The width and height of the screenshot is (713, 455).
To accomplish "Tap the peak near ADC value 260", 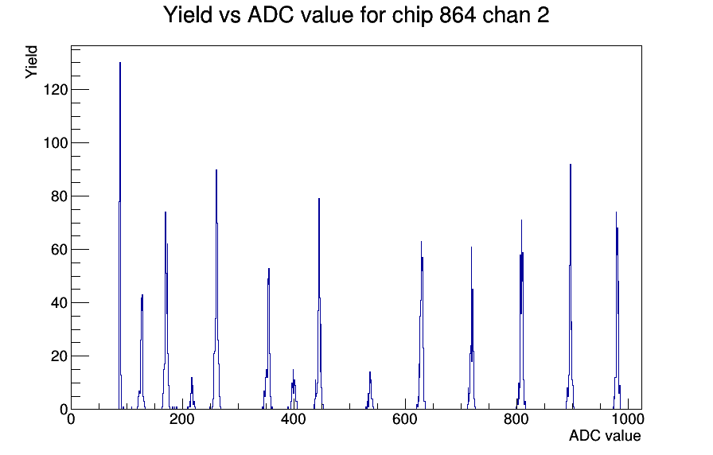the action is coord(216,291).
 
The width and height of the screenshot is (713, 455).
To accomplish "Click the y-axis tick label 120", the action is coord(56,90).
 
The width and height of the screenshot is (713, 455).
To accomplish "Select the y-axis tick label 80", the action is coord(59,196).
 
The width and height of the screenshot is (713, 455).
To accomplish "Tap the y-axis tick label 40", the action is coord(59,303).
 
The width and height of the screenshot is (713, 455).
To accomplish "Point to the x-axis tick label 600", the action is coord(405,419).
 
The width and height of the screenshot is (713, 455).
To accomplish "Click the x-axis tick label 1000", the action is coord(628,419).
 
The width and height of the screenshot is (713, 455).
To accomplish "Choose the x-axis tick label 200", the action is coord(182,419).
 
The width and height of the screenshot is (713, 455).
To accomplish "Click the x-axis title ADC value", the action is coord(605,436).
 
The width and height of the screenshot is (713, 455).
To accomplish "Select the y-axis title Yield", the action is coord(31,62).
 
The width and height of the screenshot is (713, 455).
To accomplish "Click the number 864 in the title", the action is coord(458,15).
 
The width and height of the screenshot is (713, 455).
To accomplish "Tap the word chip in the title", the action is coord(413,16).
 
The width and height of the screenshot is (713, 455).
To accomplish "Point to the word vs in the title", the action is coord(229,17).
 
